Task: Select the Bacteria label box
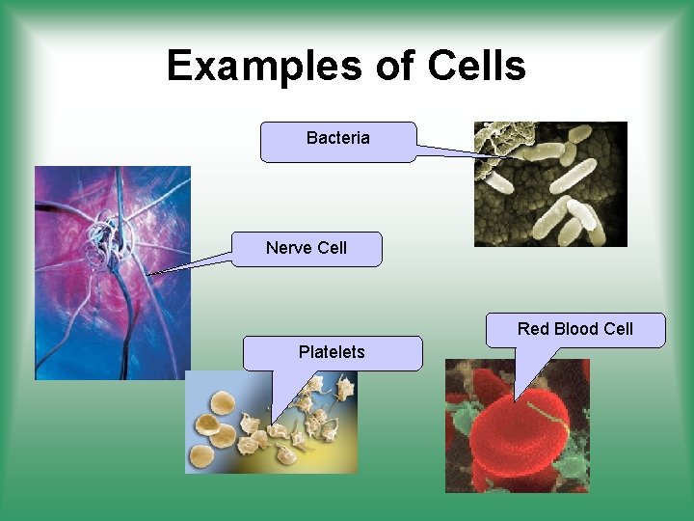(x=337, y=141)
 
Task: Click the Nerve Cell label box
(x=307, y=249)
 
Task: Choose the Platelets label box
(x=332, y=353)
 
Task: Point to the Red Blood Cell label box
(x=574, y=330)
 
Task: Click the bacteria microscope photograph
(x=550, y=183)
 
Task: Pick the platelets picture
(x=271, y=423)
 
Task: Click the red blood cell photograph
(x=517, y=425)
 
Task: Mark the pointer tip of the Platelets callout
(x=272, y=422)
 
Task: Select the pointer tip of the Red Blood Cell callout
(x=516, y=398)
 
